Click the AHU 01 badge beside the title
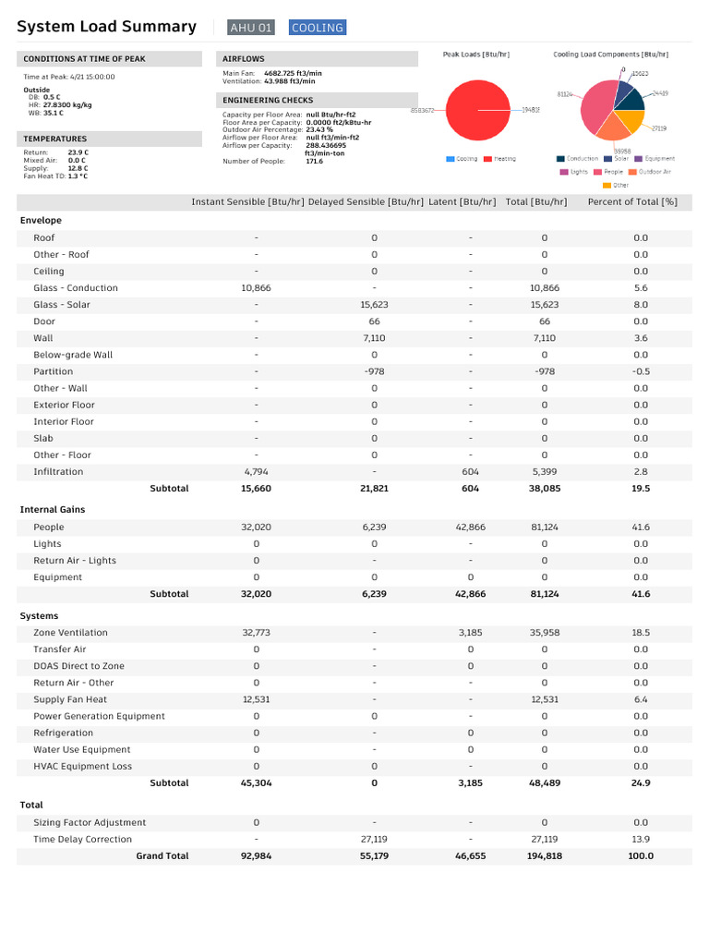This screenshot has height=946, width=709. (x=252, y=28)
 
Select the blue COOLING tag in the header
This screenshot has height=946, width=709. (x=317, y=28)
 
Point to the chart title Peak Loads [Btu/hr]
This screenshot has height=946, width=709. (x=475, y=55)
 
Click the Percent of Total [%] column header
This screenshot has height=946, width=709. (x=632, y=201)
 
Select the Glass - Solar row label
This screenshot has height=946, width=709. (x=62, y=305)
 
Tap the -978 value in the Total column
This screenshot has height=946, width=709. (x=544, y=371)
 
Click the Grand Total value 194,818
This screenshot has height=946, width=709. (x=544, y=856)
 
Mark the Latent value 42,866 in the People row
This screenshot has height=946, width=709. (x=470, y=528)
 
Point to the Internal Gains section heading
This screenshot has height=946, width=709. (x=52, y=510)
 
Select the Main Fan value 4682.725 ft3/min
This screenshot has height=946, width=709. (x=293, y=72)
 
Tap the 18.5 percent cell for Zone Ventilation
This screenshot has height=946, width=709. (x=641, y=633)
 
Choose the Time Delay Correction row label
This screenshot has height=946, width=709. (x=82, y=840)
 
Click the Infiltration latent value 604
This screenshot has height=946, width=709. (x=470, y=472)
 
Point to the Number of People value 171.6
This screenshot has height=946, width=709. (x=314, y=161)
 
